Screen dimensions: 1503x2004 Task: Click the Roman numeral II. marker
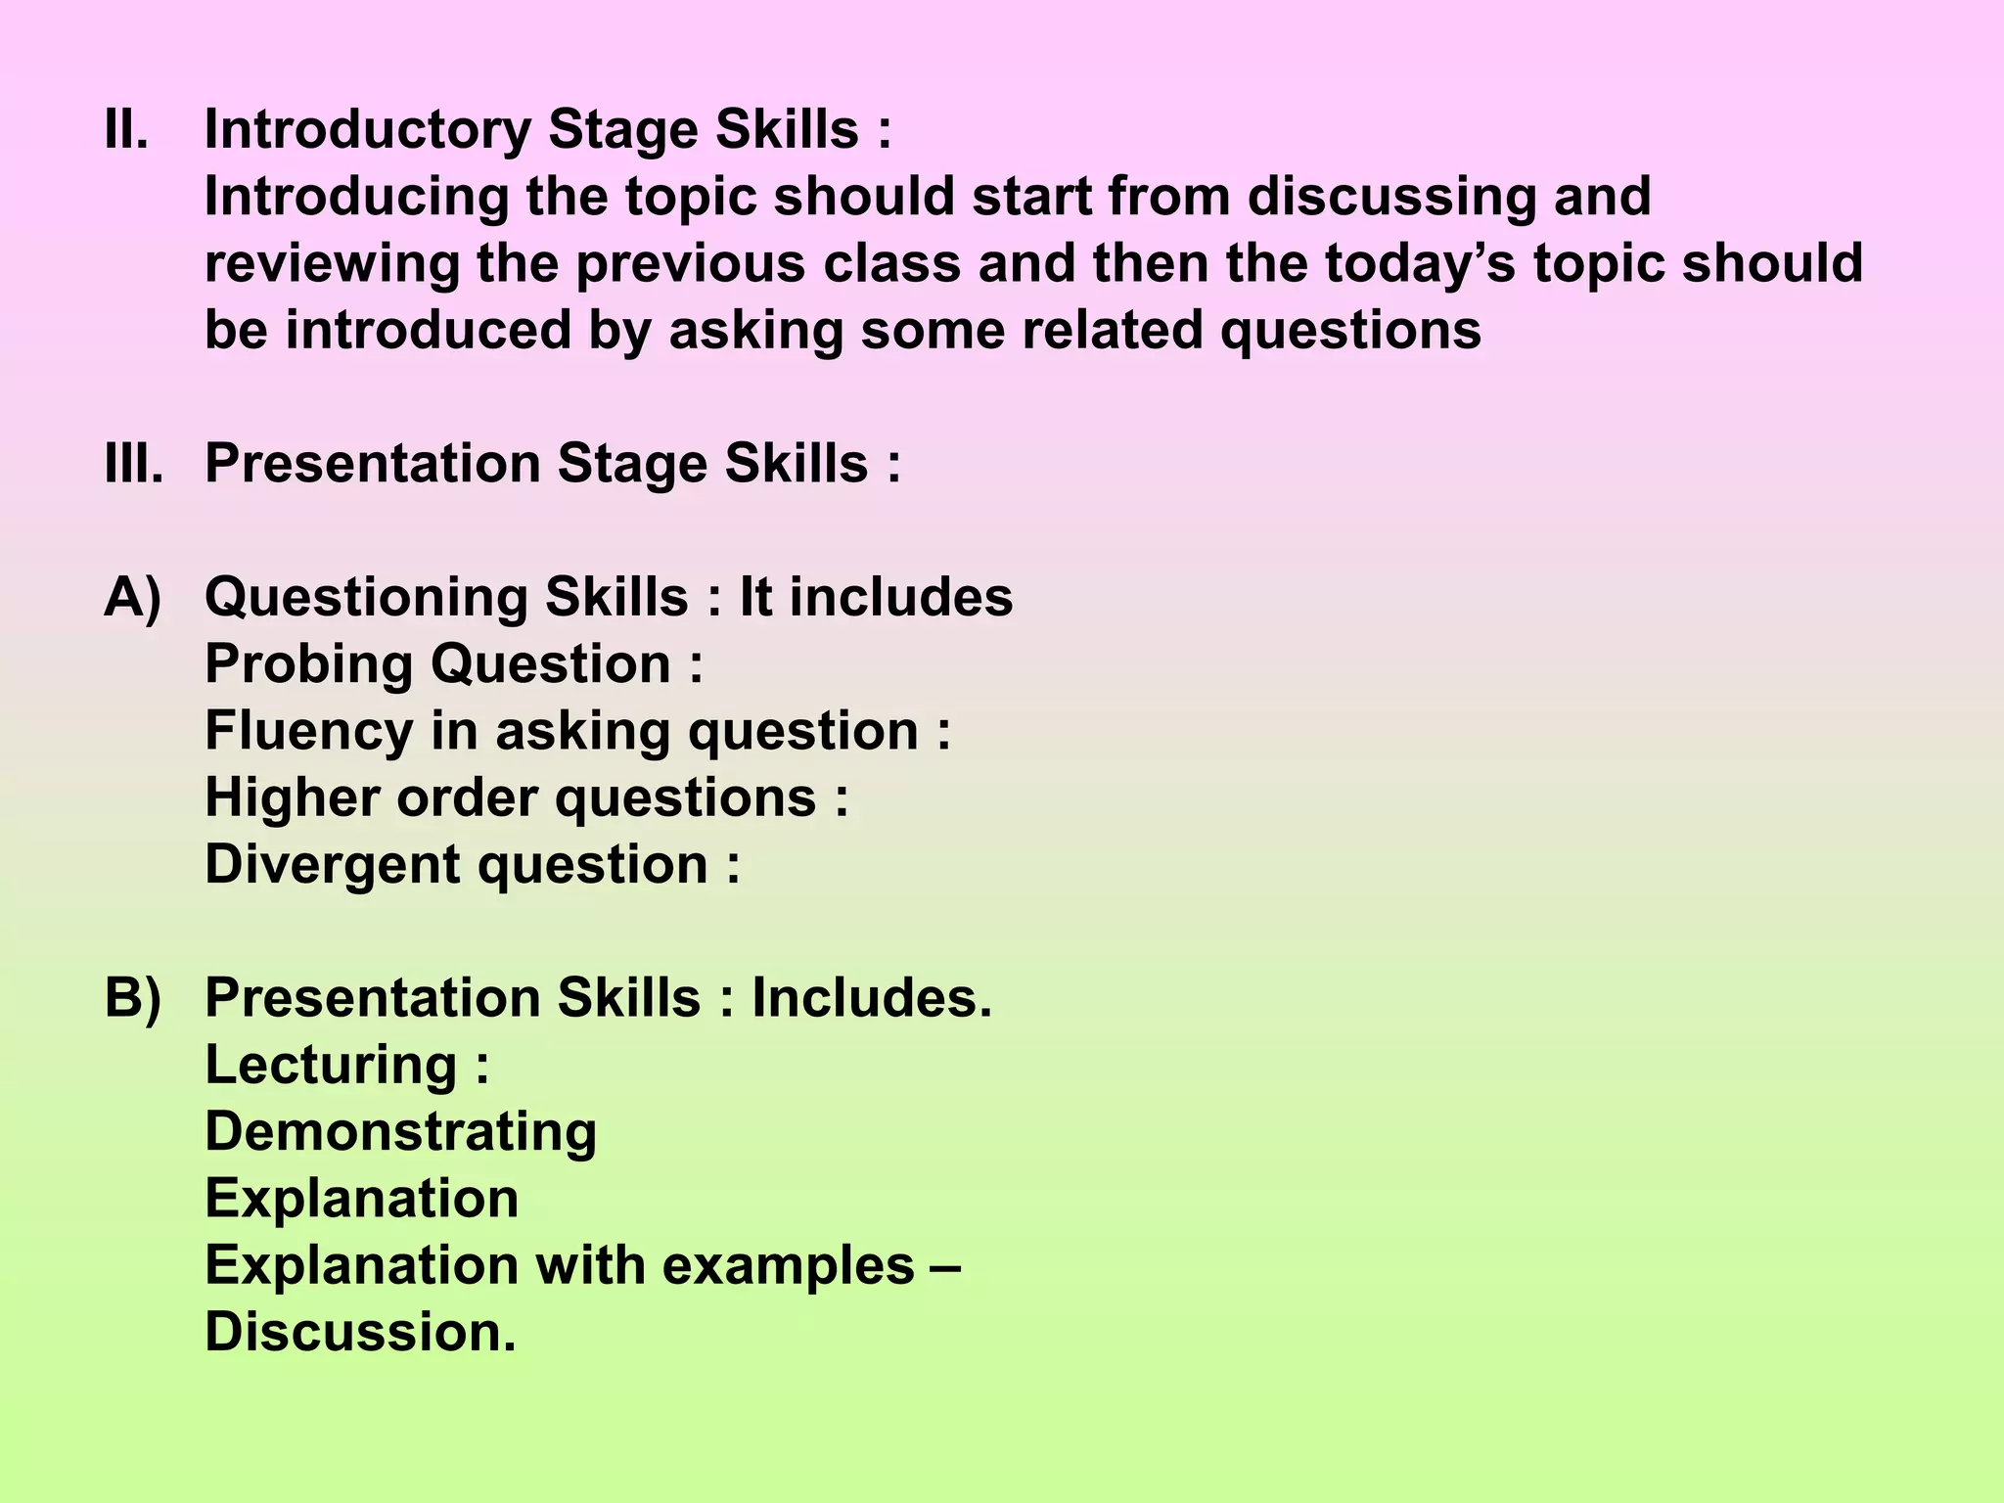click(x=126, y=130)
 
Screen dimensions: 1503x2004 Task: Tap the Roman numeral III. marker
click(x=134, y=464)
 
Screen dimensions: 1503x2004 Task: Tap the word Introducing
click(x=356, y=198)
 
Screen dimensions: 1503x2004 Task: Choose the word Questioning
click(x=366, y=598)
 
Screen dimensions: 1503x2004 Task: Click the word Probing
click(x=309, y=664)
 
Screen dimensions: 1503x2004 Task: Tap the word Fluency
click(x=309, y=731)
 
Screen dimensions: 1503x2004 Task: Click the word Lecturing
click(x=331, y=1066)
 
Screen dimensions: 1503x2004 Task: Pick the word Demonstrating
click(x=400, y=1132)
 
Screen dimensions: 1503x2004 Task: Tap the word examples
click(x=788, y=1266)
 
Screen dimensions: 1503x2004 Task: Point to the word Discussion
click(x=359, y=1333)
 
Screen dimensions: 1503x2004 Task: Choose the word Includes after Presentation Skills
click(x=871, y=999)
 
